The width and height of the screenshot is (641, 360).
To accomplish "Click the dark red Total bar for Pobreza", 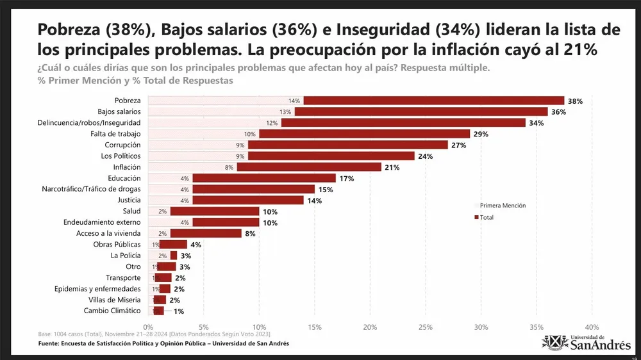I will (x=433, y=101).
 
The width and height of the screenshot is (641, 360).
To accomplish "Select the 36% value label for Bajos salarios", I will (x=558, y=112).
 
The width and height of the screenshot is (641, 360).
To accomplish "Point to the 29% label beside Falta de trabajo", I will (x=481, y=134).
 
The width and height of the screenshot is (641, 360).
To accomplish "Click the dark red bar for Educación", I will (x=264, y=178).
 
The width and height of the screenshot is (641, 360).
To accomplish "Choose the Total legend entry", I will (x=484, y=218).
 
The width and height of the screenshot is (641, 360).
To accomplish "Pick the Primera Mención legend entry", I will (x=502, y=206).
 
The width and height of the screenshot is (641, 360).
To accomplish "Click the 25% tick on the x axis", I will (x=426, y=327).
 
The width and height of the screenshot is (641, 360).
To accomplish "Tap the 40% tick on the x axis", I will (x=592, y=327).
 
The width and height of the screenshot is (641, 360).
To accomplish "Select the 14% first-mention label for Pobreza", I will (x=294, y=101).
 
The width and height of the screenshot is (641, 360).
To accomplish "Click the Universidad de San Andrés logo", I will (x=586, y=342).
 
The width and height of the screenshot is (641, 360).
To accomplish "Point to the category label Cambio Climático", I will (x=112, y=311).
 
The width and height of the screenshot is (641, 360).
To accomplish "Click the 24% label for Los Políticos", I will (x=425, y=156).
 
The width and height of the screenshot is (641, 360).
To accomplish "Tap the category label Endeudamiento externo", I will (x=102, y=222).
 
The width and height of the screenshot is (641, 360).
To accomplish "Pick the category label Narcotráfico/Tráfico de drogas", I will (x=91, y=189).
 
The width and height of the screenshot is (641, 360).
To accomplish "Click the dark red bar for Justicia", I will (x=247, y=200).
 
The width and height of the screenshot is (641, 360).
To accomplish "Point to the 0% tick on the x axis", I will (x=149, y=327).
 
